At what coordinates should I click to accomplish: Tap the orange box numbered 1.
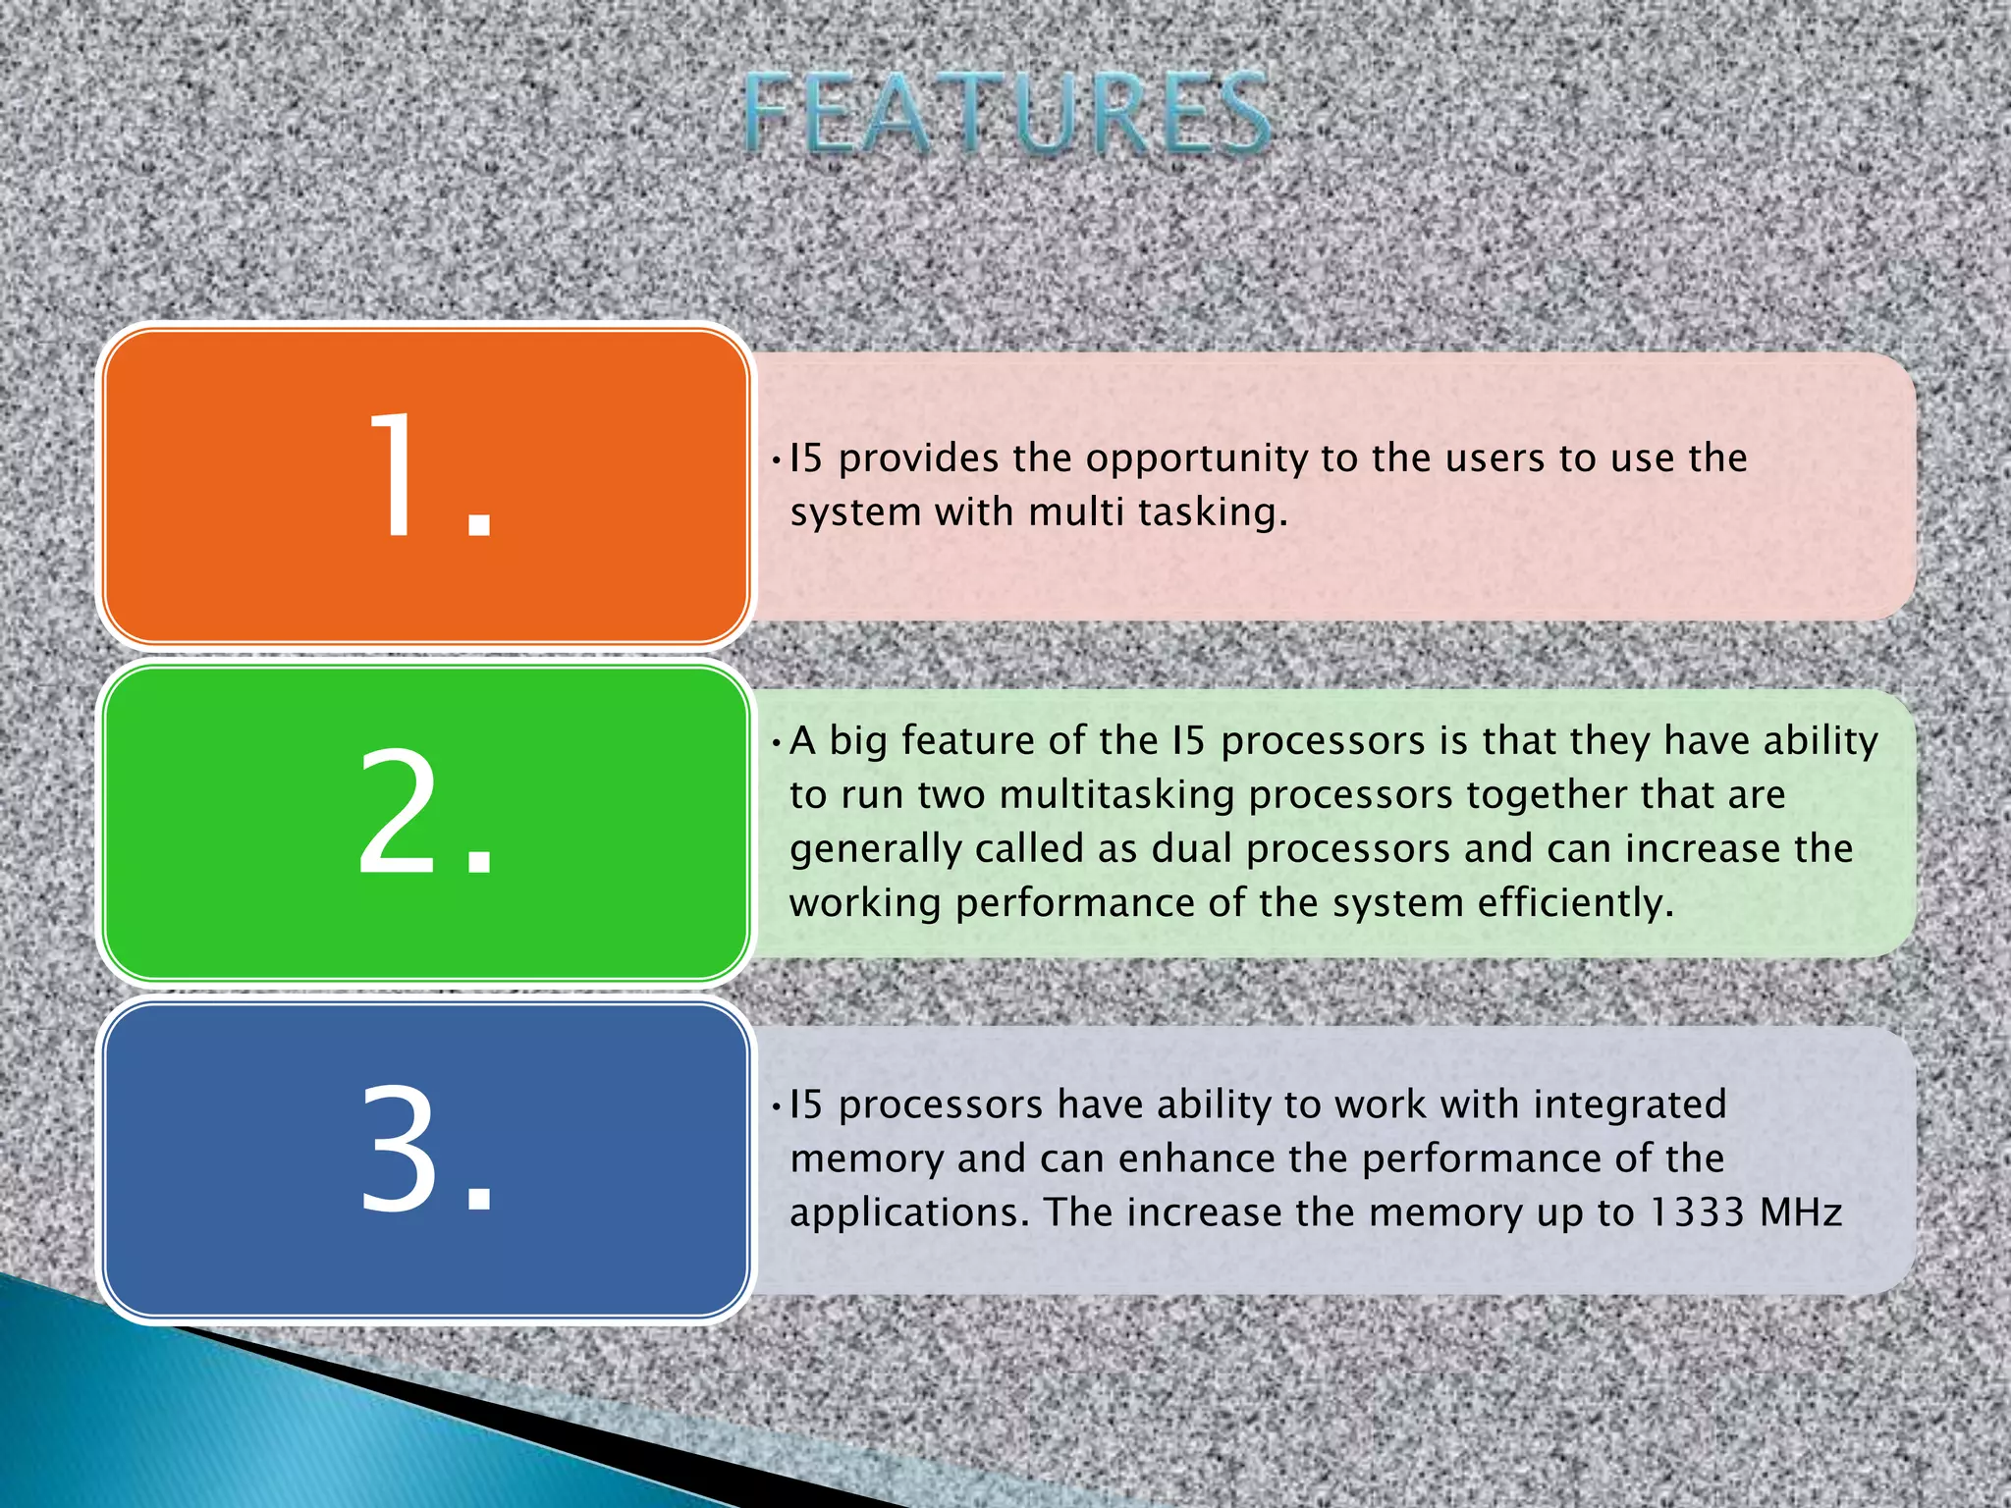point(426,487)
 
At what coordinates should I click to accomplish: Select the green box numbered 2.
point(426,822)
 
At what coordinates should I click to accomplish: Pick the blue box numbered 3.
point(426,1159)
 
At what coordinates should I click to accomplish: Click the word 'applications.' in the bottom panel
point(909,1213)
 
